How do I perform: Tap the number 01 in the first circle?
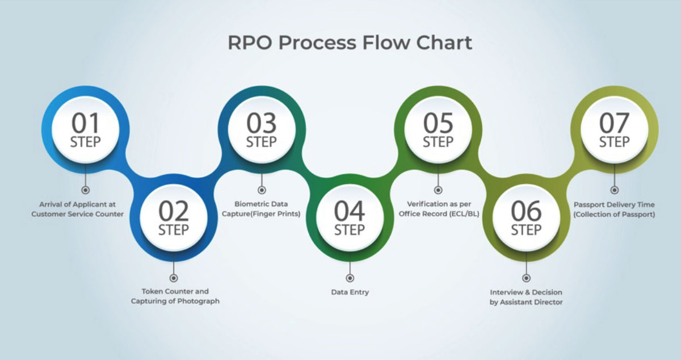coord(86,123)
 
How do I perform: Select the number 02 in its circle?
coord(174,211)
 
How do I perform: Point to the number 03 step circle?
coord(262,129)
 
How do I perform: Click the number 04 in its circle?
coord(350,211)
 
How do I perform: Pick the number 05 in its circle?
coord(438,123)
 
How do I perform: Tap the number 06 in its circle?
coord(526,211)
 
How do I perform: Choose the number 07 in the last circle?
coord(614,123)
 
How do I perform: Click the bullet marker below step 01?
coord(86,190)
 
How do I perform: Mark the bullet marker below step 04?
coord(350,278)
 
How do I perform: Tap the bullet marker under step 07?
coord(615,190)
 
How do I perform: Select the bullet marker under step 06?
coord(526,278)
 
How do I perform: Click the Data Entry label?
coord(350,292)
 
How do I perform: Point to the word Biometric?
coord(249,204)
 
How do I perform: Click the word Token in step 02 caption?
coord(152,291)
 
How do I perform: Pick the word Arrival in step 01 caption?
coord(49,204)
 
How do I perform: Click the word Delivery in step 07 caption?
coord(611,205)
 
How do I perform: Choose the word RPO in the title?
coord(250,43)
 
